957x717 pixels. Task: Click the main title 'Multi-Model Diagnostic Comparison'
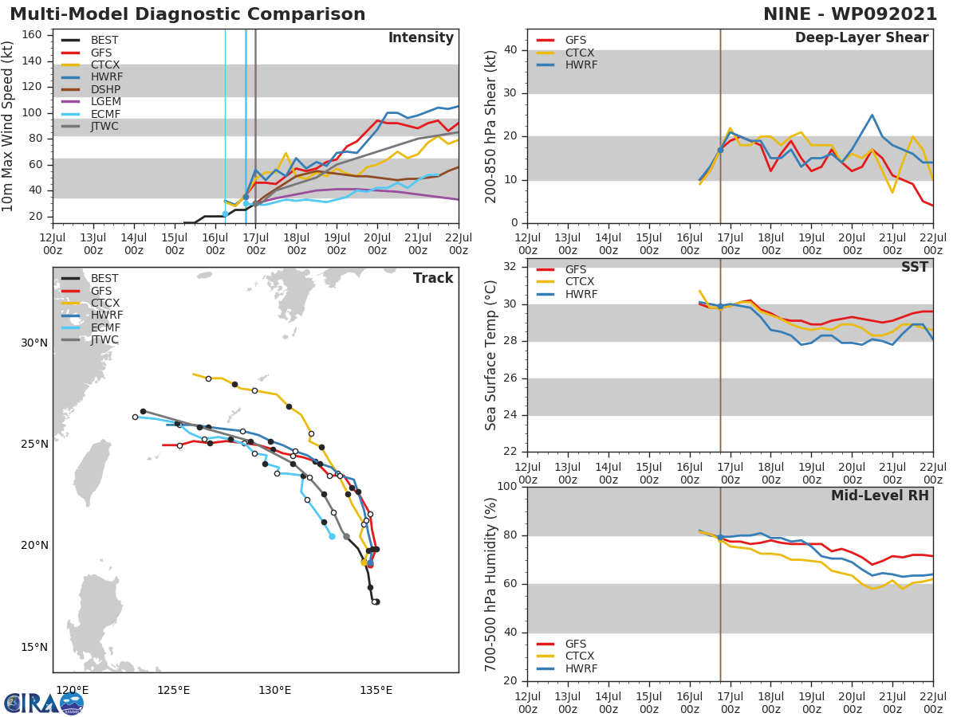pyautogui.click(x=187, y=14)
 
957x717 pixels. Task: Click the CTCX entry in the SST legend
pyautogui.click(x=581, y=282)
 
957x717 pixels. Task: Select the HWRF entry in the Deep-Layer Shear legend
pyautogui.click(x=581, y=65)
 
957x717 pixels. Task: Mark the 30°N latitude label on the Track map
pyautogui.click(x=34, y=343)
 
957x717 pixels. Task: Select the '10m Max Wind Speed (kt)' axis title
pyautogui.click(x=9, y=127)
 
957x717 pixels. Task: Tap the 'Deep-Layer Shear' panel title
pyautogui.click(x=861, y=38)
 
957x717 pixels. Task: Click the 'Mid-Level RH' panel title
pyautogui.click(x=880, y=496)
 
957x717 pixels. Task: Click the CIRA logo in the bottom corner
pyautogui.click(x=44, y=703)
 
